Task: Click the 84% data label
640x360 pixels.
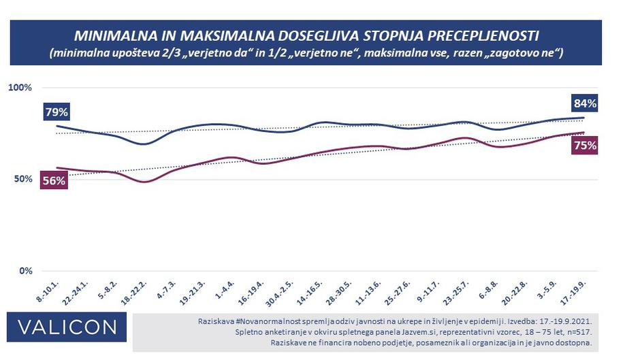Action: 584,104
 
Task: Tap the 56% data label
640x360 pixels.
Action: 54,180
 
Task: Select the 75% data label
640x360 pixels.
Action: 584,145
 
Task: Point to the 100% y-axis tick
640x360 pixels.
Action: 20,88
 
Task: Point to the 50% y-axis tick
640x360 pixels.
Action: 22,179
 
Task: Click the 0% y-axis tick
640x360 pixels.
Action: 25,271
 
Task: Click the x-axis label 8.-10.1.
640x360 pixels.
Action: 46,292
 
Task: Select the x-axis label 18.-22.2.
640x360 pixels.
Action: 133,292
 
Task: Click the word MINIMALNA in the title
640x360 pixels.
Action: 112,35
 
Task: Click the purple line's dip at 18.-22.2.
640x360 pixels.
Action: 143,182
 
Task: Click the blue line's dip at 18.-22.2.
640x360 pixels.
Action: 143,144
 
